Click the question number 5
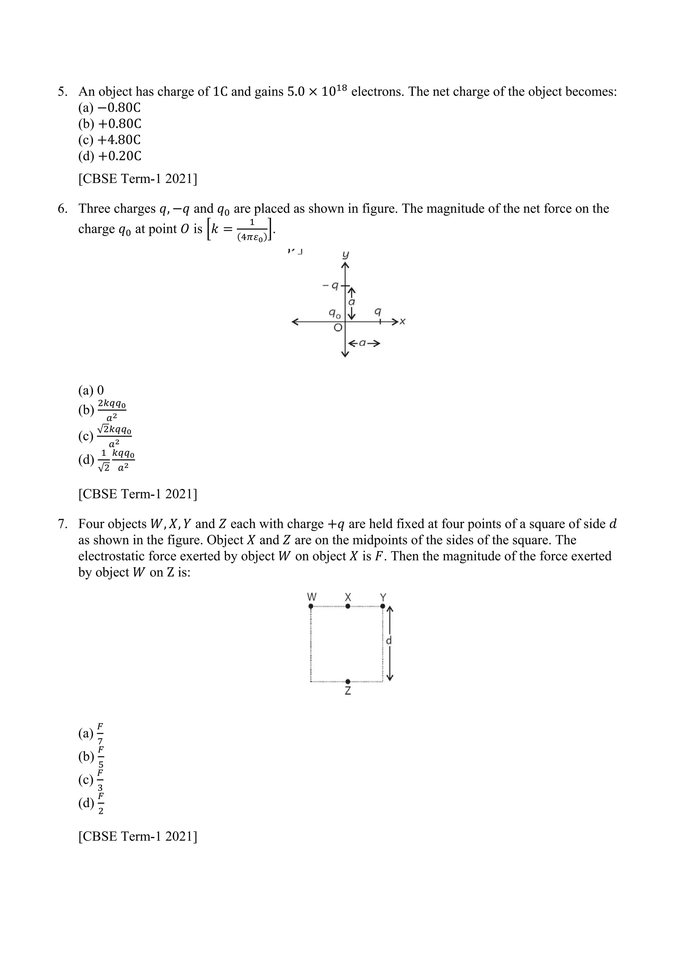tap(62, 92)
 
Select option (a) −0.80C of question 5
tap(109, 108)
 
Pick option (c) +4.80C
tap(109, 140)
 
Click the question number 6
tap(62, 209)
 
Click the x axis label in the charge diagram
tap(403, 322)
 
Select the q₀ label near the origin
tap(335, 313)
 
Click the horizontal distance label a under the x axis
tap(363, 344)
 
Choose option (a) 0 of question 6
tap(91, 391)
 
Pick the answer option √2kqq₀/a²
tap(105, 436)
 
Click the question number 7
tap(62, 524)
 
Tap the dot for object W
tap(311, 606)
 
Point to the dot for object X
tap(348, 606)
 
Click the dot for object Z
tap(348, 681)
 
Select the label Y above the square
tap(383, 597)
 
